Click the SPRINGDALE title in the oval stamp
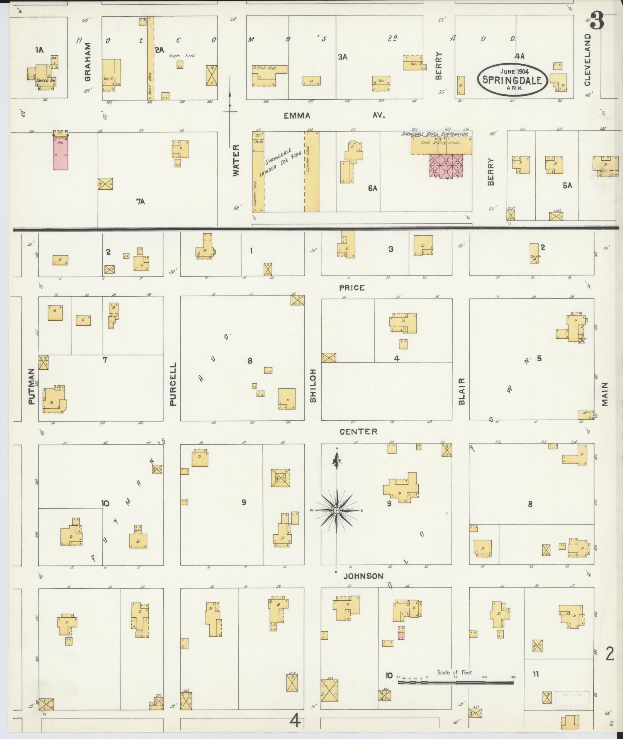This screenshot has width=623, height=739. tap(512, 80)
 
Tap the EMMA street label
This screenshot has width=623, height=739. tap(297, 116)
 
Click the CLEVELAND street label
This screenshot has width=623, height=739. tap(587, 60)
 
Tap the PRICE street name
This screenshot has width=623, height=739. tap(351, 287)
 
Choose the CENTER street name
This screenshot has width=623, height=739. tap(358, 432)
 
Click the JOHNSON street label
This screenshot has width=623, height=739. tap(363, 576)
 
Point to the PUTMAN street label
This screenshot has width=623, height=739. tap(31, 386)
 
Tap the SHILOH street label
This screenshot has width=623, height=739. tap(313, 385)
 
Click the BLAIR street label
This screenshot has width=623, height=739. tap(461, 391)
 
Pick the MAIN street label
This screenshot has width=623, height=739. tap(604, 394)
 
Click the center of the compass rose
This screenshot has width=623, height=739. tap(337, 511)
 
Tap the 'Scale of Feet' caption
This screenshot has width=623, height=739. tap(455, 672)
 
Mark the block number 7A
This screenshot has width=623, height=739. tap(140, 201)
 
